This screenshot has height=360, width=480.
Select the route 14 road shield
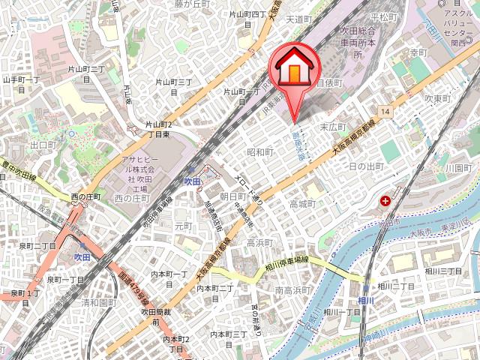point(385,112)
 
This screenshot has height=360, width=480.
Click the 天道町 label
point(298,19)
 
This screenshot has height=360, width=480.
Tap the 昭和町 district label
point(260,152)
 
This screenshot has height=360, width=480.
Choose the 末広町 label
point(332,127)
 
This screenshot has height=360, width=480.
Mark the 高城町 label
point(302,203)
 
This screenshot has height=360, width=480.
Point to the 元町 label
point(183,225)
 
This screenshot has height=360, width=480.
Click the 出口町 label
point(43,144)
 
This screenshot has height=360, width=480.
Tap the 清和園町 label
point(99,303)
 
